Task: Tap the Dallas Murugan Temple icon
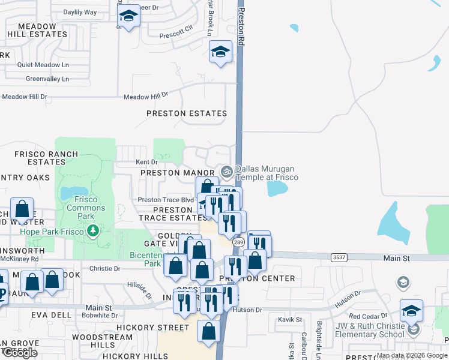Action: (x=226, y=172)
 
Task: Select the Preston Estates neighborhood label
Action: (x=187, y=113)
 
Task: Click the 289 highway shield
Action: (x=237, y=242)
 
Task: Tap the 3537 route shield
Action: (x=339, y=257)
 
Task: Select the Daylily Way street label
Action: (x=80, y=12)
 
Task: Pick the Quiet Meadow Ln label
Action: (x=43, y=65)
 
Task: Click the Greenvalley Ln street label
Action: (x=47, y=79)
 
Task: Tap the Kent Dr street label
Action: (x=146, y=162)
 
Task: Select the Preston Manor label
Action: (x=169, y=173)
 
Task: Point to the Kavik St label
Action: (x=290, y=319)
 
